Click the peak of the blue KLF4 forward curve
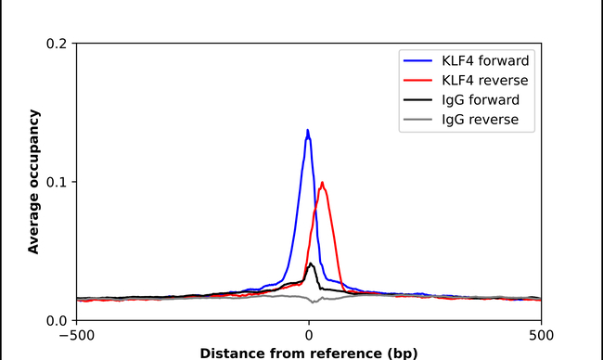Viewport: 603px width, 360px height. (308, 130)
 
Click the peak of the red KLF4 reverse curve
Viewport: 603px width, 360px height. (322, 183)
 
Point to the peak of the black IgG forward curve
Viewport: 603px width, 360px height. (311, 264)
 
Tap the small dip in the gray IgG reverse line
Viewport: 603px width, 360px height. (315, 302)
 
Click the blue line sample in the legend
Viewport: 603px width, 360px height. (420, 60)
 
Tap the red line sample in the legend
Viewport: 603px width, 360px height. (420, 81)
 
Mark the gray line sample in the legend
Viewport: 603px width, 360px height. (420, 121)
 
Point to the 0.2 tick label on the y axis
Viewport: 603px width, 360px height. (56, 44)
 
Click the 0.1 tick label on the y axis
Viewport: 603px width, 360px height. (56, 182)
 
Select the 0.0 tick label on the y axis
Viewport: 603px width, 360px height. (56, 320)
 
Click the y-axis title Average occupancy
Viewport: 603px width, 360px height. (33, 182)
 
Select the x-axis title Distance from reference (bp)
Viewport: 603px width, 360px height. (309, 352)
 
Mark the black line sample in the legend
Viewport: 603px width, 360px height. (420, 100)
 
